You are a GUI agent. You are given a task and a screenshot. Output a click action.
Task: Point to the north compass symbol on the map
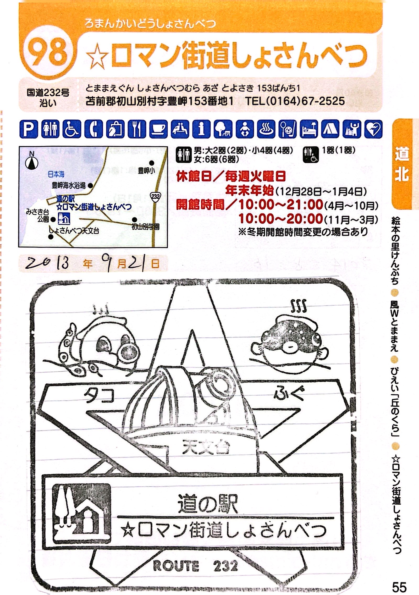tap(32, 162)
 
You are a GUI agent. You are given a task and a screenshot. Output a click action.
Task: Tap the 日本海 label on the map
tap(56, 174)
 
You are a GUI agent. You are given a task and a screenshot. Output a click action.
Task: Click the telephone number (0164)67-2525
tap(295, 101)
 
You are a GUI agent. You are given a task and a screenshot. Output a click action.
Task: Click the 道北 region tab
tap(402, 164)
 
